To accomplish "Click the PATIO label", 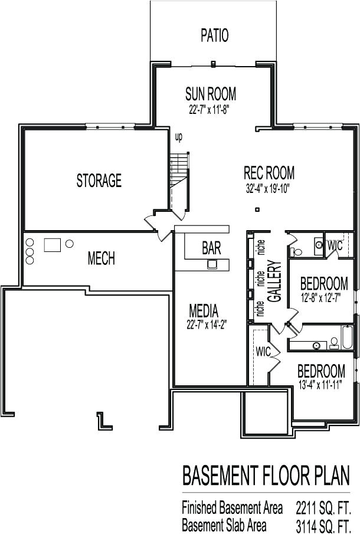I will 214,35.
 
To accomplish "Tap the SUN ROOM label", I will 211,94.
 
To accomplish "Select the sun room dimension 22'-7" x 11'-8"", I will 209,109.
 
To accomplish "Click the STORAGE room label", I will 99,181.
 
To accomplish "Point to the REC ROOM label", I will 269,173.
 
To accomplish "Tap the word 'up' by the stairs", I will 178,137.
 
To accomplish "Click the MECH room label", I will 101,258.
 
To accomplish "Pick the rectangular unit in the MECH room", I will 52,244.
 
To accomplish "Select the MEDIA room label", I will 204,310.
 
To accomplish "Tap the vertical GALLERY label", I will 273,281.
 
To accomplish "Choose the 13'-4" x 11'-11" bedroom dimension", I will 321,386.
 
